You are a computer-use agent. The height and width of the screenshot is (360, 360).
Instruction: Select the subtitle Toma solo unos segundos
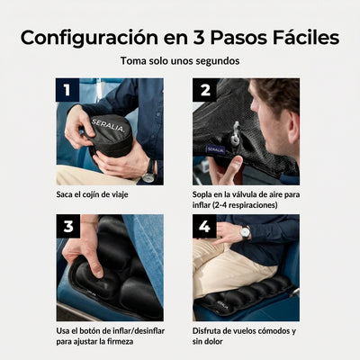coord(180,61)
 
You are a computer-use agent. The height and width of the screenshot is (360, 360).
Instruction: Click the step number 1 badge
coord(67,90)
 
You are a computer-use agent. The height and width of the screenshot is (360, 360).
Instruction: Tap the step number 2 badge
coord(204,90)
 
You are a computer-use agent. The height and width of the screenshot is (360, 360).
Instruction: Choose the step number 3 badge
coord(67,225)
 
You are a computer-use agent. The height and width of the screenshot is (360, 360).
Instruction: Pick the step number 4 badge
coord(204,225)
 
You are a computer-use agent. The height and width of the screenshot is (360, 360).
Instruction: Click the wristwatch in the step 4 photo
coord(245,232)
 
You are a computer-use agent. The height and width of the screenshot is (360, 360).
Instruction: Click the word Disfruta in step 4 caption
coord(208,329)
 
